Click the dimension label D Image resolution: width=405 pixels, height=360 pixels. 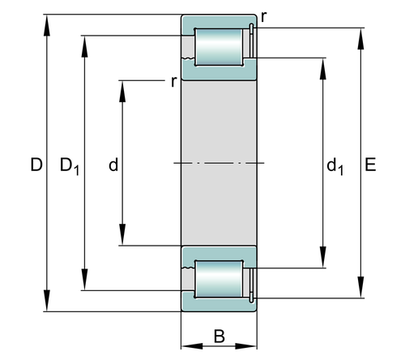(36, 165)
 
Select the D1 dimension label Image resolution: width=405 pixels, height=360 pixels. (70, 166)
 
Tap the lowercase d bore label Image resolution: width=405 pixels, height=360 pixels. (113, 165)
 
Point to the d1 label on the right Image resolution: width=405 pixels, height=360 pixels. (335, 166)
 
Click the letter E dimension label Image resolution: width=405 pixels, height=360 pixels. (370, 165)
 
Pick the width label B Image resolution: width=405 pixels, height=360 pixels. (220, 336)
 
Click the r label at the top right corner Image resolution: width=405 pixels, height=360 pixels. (264, 17)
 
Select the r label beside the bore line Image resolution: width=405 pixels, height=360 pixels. (174, 81)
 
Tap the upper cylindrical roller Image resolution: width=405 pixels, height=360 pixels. (219, 47)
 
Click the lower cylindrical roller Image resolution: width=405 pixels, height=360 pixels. (219, 279)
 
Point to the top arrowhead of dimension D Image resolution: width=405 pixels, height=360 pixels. (47, 25)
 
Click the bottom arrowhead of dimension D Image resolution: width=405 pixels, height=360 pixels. (47, 301)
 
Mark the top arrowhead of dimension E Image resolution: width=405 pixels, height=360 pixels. (360, 39)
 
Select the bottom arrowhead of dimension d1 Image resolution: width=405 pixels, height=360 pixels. (322, 257)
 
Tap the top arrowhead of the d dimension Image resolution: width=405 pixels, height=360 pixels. (122, 92)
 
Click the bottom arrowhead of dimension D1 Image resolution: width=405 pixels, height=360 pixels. (85, 280)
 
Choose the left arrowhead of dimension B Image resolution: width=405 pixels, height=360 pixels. (192, 346)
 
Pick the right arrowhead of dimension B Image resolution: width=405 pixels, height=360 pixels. (246, 346)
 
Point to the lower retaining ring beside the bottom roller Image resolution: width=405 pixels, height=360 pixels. (251, 285)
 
